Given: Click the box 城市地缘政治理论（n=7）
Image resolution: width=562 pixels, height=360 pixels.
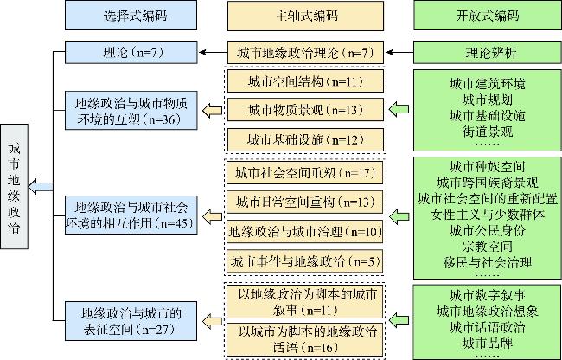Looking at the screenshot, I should (302, 54).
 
